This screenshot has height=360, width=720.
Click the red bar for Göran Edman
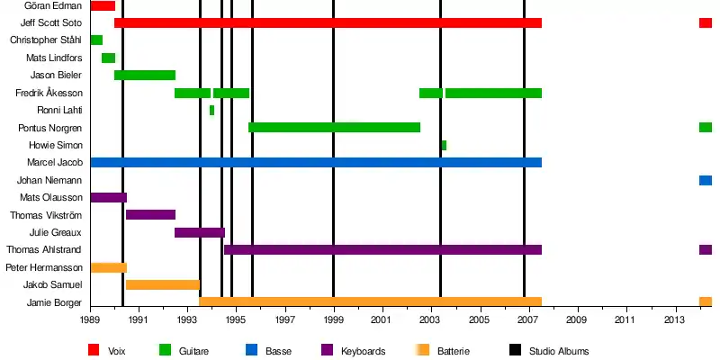(x=103, y=6)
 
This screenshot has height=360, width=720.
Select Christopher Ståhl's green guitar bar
(x=96, y=40)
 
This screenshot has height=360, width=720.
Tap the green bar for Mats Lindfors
(x=108, y=58)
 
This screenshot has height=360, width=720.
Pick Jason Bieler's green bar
(x=145, y=76)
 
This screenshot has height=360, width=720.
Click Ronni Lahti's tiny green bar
(x=211, y=111)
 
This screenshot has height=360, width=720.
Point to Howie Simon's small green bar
(x=444, y=145)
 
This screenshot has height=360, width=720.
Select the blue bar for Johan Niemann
(x=706, y=180)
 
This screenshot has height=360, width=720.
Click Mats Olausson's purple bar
(x=108, y=198)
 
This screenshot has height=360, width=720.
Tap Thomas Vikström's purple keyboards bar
(x=150, y=215)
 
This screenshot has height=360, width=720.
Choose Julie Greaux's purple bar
(x=200, y=232)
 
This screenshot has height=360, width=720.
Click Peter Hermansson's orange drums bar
(x=108, y=267)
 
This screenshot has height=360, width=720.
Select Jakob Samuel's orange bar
(x=163, y=285)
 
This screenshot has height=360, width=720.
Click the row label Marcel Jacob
(x=57, y=163)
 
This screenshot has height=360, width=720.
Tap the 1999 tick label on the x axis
(x=334, y=319)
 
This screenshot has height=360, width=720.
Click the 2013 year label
(x=675, y=319)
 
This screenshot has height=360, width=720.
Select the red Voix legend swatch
(x=94, y=350)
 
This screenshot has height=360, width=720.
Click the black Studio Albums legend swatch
(x=516, y=350)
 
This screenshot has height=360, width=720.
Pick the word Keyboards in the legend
(x=364, y=351)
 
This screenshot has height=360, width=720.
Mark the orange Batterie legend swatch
(x=420, y=350)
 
